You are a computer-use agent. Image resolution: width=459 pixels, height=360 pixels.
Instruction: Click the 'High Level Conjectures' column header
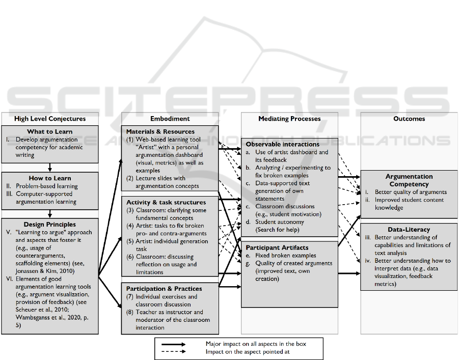(x=50, y=119)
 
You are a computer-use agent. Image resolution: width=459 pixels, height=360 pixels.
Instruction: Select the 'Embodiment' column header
(x=170, y=119)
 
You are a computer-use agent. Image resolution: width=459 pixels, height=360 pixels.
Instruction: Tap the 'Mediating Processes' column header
(x=289, y=119)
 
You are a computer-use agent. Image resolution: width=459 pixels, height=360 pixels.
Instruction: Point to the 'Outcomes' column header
(x=409, y=119)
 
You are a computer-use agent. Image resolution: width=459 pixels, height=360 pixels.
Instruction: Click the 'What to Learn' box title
(x=50, y=131)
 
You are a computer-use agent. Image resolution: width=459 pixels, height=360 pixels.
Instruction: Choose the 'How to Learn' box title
(x=50, y=178)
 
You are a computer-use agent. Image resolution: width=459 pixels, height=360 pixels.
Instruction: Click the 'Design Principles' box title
(x=50, y=224)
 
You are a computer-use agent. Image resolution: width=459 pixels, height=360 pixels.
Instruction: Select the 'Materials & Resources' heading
(x=160, y=131)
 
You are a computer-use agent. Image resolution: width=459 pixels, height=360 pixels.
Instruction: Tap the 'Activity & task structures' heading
(x=166, y=202)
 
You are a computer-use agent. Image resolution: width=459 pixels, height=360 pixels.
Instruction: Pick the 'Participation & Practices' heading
(x=164, y=289)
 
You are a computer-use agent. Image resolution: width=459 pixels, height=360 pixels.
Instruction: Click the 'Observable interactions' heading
(x=283, y=144)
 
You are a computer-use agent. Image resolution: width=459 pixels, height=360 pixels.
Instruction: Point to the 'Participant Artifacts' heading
(x=277, y=247)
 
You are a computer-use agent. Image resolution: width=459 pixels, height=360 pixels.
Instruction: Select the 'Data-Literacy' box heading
(x=409, y=230)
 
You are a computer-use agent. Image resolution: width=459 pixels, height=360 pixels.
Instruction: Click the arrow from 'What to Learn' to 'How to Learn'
(x=50, y=168)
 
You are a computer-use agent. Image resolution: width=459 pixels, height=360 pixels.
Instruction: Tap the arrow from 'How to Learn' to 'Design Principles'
(x=50, y=214)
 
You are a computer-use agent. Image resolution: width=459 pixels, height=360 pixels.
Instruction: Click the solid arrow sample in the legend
(x=173, y=344)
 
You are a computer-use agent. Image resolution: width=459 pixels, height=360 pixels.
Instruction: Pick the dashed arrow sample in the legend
(x=173, y=351)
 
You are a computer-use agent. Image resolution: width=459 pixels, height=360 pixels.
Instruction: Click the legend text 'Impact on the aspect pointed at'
(x=248, y=351)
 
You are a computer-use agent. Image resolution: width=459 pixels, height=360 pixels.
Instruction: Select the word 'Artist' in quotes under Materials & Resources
(x=146, y=147)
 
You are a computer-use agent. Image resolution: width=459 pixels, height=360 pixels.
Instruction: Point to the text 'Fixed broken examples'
(x=285, y=256)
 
